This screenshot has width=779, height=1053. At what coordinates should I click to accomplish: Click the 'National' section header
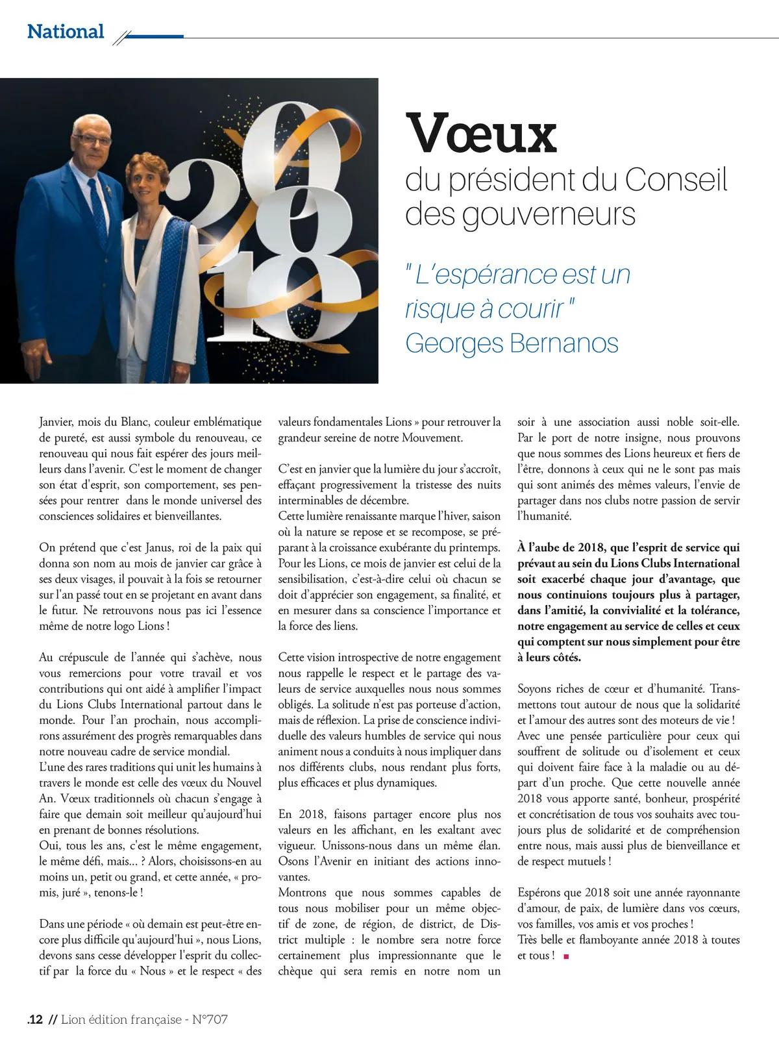[x=66, y=31]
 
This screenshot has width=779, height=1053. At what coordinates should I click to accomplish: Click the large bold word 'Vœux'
[x=481, y=133]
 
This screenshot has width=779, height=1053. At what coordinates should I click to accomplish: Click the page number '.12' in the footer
[x=35, y=1019]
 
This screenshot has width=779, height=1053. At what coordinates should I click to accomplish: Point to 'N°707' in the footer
[x=210, y=1019]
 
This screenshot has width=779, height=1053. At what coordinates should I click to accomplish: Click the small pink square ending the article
[x=566, y=956]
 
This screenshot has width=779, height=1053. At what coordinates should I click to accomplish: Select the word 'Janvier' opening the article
[x=56, y=422]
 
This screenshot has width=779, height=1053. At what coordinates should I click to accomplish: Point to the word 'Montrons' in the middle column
[x=302, y=893]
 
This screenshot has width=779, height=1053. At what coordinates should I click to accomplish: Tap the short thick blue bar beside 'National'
[x=153, y=36]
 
